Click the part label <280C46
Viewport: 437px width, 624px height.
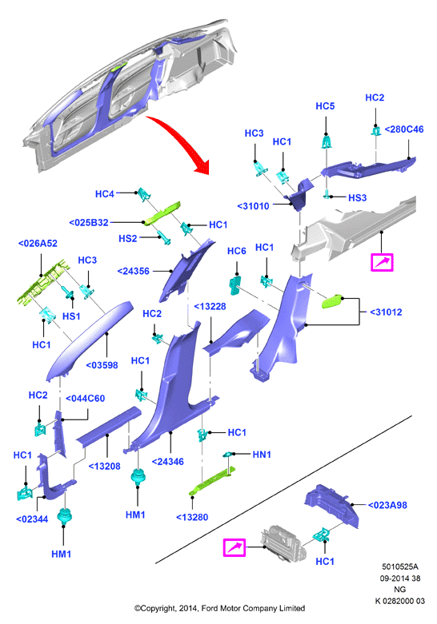pos(404,129)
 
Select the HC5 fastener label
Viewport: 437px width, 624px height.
pos(325,106)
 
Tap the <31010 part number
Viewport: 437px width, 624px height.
pos(253,206)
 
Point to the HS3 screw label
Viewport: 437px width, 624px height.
pos(357,198)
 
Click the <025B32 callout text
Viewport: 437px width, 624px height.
pos(89,222)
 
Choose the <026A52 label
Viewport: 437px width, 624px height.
pos(38,243)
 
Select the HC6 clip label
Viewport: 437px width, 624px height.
pos(236,251)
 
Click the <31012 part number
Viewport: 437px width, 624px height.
pos(386,312)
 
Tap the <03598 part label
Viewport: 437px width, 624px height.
pos(102,365)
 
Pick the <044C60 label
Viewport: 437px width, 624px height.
pos(85,399)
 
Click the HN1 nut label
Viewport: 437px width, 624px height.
pos(262,455)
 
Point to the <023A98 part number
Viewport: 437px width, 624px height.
pos(387,506)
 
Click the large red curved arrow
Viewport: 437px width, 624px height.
pos(182,141)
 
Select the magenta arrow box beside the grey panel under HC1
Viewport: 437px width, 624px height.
pos(234,547)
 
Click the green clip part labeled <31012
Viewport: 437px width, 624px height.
pos(332,301)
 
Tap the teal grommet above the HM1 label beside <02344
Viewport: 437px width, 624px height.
pos(63,516)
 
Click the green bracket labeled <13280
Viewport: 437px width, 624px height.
pos(212,481)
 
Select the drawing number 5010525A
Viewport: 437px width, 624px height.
pos(400,566)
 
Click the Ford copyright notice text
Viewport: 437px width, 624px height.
pos(219,609)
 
